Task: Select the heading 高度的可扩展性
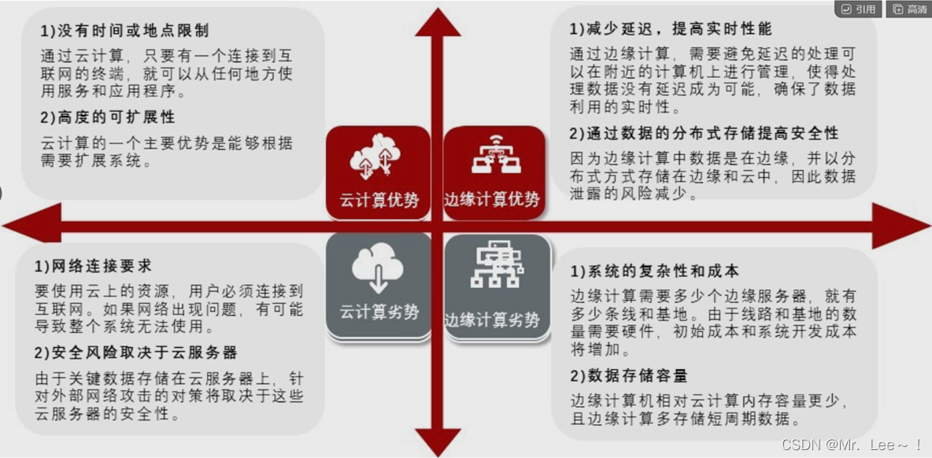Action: click(107, 117)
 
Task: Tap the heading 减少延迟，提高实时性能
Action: click(671, 29)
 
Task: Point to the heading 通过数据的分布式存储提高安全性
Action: click(704, 133)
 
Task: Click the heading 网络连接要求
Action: click(93, 266)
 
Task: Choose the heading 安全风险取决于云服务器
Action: click(135, 352)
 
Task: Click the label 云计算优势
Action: click(379, 200)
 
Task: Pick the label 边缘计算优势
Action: click(494, 200)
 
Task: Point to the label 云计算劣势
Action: click(379, 312)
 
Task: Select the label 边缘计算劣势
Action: click(494, 320)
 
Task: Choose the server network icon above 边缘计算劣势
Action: click(494, 268)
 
